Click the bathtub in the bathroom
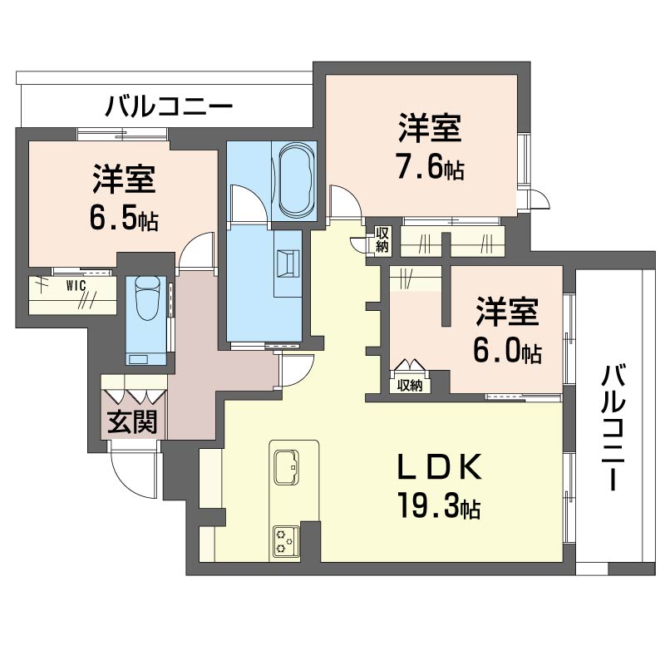click(295, 179)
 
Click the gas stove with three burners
click(285, 543)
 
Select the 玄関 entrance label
click(134, 421)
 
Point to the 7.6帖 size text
click(429, 168)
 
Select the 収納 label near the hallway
click(382, 239)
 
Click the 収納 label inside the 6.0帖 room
click(409, 385)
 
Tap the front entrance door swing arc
click(133, 475)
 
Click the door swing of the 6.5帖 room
click(198, 249)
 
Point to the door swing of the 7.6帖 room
click(343, 203)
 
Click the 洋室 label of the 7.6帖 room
click(428, 131)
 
